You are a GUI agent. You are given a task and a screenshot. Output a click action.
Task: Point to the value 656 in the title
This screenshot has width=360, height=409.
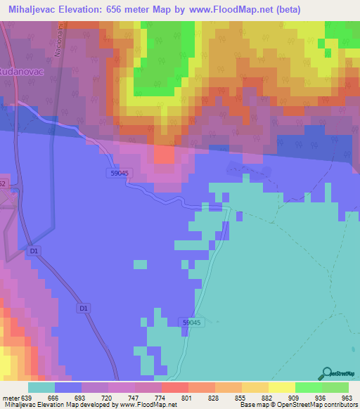(146, 9)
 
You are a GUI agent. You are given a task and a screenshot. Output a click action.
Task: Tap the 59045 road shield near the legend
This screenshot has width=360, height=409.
(192, 322)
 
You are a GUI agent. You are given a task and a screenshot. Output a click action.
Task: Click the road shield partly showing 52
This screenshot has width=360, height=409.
(3, 185)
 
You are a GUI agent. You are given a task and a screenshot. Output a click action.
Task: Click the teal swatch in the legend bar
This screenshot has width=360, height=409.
(41, 387)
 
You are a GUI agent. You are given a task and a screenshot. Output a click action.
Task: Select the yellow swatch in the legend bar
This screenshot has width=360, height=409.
(282, 387)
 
